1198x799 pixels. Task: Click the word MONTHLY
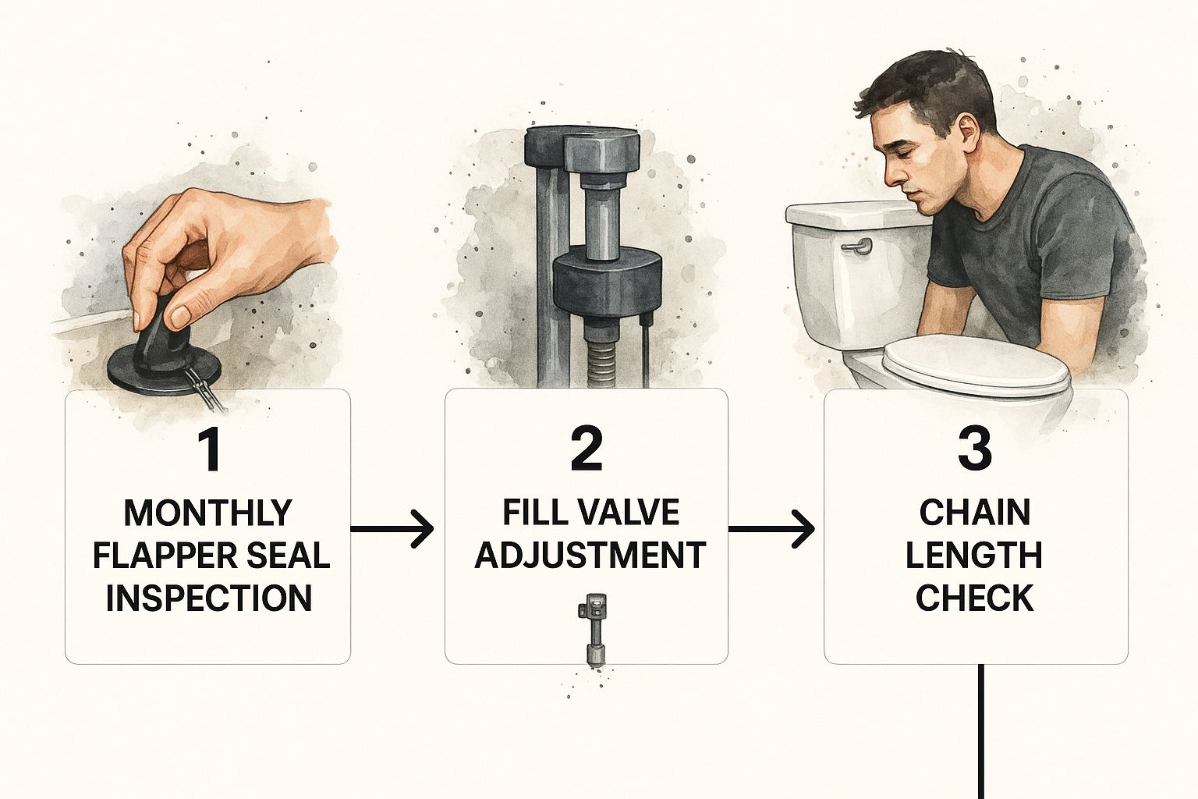pyautogui.click(x=207, y=513)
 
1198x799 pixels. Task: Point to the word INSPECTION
pyautogui.click(x=208, y=598)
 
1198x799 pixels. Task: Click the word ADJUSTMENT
pyautogui.click(x=590, y=555)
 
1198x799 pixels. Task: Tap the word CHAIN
pyautogui.click(x=974, y=513)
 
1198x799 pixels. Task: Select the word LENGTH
pyautogui.click(x=974, y=555)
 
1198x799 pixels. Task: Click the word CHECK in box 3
pyautogui.click(x=974, y=598)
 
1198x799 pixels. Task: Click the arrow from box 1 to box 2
pyautogui.click(x=392, y=529)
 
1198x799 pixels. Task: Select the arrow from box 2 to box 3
pyautogui.click(x=771, y=529)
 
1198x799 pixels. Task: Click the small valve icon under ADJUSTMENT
pyautogui.click(x=594, y=630)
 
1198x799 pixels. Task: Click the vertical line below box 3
pyautogui.click(x=981, y=732)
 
